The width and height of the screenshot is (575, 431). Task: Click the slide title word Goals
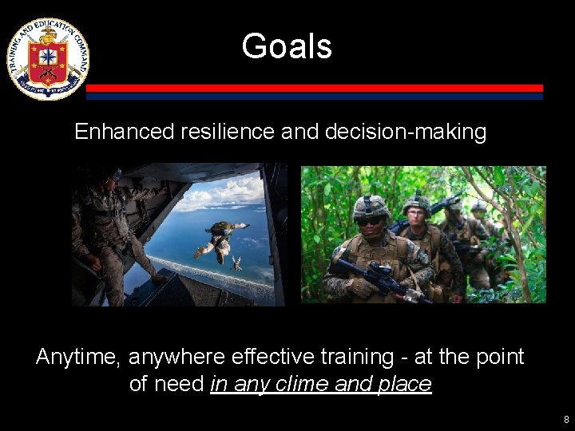(287, 46)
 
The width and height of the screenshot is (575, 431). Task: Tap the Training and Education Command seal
(48, 58)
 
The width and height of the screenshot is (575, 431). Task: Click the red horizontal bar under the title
(314, 88)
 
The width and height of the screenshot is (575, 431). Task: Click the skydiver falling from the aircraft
(220, 238)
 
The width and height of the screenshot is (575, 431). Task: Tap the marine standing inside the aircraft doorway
(104, 227)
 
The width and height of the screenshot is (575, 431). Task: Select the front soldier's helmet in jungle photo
(371, 208)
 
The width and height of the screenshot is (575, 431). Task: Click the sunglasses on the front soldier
(371, 221)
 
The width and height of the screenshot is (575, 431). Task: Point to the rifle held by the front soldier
(375, 276)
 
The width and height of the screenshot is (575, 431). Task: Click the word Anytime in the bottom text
(78, 357)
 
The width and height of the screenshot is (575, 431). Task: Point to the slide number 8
(566, 419)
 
